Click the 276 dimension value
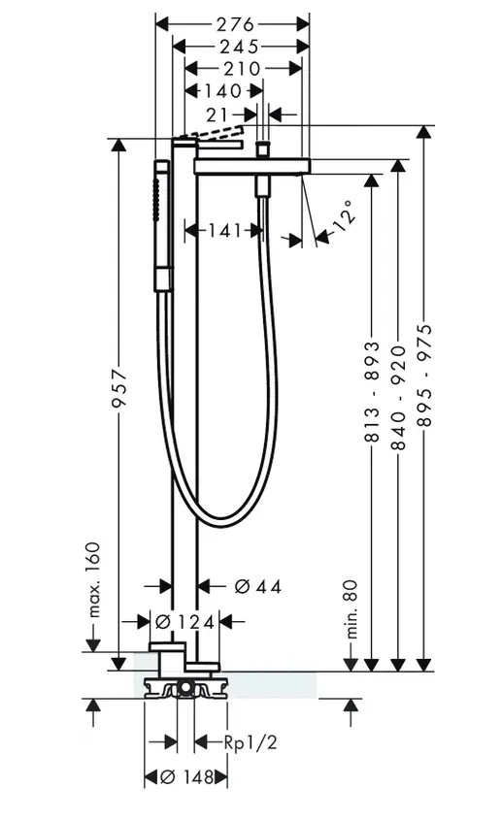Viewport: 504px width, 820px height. tap(235, 24)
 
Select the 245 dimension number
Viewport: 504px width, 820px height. tap(239, 48)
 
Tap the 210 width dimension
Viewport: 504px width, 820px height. tap(242, 69)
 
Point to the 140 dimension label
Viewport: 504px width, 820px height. tap(222, 91)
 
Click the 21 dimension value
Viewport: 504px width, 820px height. tap(218, 115)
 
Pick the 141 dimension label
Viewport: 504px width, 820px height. tap(225, 230)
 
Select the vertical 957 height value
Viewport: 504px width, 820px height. tap(119, 388)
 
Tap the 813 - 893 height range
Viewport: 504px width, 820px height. tap(372, 391)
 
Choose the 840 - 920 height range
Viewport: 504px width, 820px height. tap(399, 398)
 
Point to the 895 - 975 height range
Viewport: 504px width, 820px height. tap(425, 375)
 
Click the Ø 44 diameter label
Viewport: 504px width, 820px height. tap(258, 587)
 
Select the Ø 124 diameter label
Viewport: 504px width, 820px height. tap(185, 622)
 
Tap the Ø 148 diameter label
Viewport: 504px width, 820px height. tap(185, 777)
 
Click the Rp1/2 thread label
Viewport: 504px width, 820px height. tap(251, 742)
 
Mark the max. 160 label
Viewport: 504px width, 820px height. tap(93, 579)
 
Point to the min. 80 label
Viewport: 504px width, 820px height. tap(352, 608)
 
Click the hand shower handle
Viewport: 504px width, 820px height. tap(162, 226)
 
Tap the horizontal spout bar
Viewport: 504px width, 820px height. tap(252, 166)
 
